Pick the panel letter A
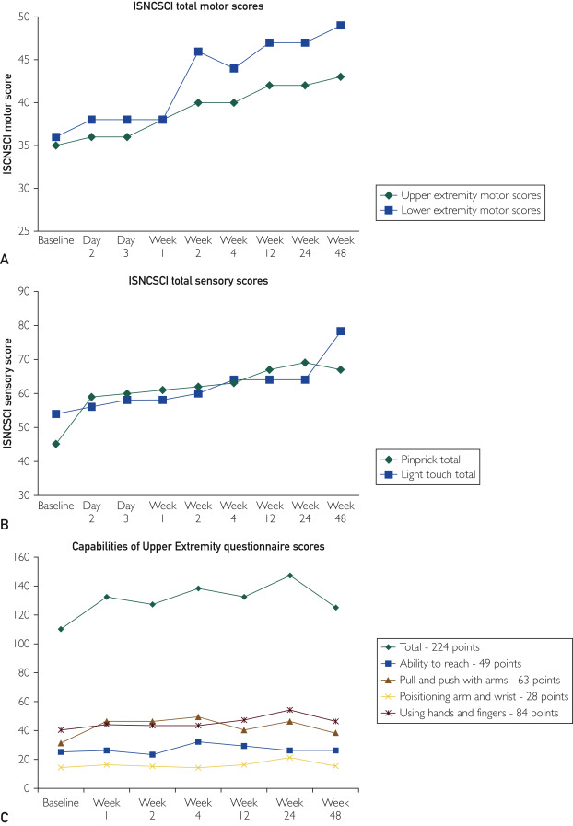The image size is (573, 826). [x=6, y=261]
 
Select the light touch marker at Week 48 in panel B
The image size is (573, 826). [x=340, y=332]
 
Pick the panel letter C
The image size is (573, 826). [x=6, y=817]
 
